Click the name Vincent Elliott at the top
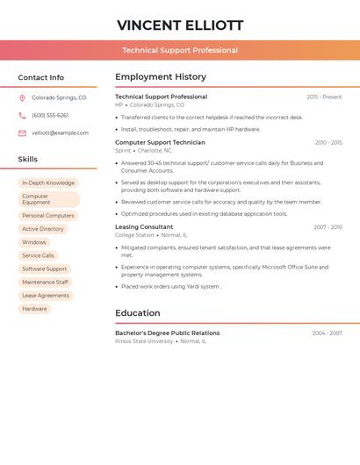(180, 25)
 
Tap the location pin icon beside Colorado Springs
(22, 97)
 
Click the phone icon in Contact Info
(22, 115)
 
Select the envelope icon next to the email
(22, 132)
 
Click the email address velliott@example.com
(60, 132)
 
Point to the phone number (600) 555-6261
(50, 115)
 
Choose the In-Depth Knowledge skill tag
(48, 182)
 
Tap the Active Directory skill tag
(43, 229)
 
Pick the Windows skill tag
(34, 242)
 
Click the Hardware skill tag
(35, 309)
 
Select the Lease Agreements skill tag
(46, 296)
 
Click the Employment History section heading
(161, 77)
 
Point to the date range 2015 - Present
(324, 97)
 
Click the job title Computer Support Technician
(160, 142)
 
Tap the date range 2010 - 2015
(328, 142)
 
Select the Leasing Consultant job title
(144, 227)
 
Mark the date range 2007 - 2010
(328, 227)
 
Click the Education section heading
(138, 313)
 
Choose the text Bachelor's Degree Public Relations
(167, 333)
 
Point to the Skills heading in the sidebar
(28, 159)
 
